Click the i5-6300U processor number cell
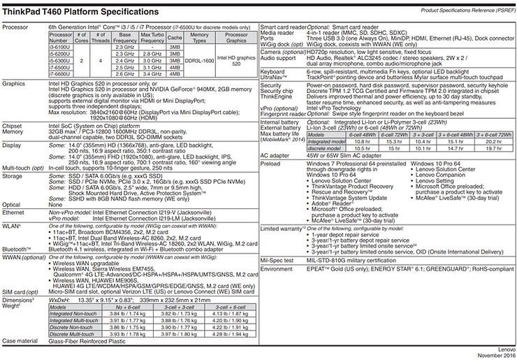pyautogui.click(x=60, y=60)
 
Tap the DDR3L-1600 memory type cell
pyautogui.click(x=199, y=60)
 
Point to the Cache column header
pyautogui.click(x=175, y=36)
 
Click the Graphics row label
pyautogui.click(x=14, y=82)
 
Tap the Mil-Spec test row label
pyautogui.click(x=277, y=258)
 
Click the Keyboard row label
pyautogui.click(x=272, y=71)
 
